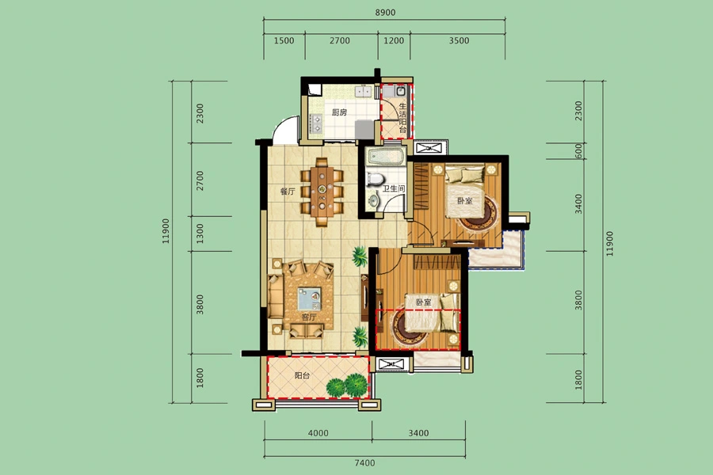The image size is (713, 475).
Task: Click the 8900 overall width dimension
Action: tap(385, 13)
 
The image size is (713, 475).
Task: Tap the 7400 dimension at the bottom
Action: tap(364, 462)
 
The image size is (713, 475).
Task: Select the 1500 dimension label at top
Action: tap(284, 40)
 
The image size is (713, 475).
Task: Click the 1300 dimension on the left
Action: tap(200, 234)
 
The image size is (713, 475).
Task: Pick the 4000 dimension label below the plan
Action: tap(318, 433)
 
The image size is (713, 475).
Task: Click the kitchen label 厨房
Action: tap(339, 112)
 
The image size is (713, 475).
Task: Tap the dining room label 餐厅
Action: tap(288, 192)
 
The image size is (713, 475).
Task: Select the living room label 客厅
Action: tap(308, 317)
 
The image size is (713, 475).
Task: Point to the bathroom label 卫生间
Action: tap(393, 188)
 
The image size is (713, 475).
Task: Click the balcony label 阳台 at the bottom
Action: tap(302, 376)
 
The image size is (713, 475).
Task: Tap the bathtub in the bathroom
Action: tap(386, 157)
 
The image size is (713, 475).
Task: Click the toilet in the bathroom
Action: tap(374, 179)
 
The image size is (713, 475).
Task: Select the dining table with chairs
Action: tap(322, 192)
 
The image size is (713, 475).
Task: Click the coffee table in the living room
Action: tap(309, 299)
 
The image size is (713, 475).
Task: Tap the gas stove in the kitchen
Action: tap(315, 123)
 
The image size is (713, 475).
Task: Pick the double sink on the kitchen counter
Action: tap(363, 92)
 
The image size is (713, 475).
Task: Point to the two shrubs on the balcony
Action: tap(349, 386)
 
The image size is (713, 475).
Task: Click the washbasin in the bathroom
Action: tap(373, 200)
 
